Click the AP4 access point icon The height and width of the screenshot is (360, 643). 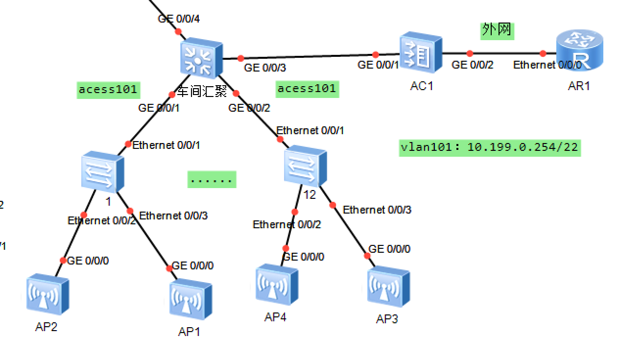(277, 284)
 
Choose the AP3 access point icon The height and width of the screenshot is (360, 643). (388, 287)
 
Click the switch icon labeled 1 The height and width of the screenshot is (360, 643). (103, 174)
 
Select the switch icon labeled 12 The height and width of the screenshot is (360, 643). (305, 167)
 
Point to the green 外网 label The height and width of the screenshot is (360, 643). (497, 30)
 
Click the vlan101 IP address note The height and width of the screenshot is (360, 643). (489, 147)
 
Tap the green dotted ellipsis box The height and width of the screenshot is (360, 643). (212, 180)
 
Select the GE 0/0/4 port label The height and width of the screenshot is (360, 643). (179, 19)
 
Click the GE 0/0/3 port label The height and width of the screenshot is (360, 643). (265, 68)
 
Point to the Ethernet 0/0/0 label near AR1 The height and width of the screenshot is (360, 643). (547, 65)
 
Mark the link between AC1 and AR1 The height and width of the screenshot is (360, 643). (504, 53)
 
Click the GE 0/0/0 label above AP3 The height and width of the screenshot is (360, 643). (389, 249)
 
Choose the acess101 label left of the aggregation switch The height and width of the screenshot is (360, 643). (108, 90)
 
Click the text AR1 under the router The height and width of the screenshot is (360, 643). (579, 86)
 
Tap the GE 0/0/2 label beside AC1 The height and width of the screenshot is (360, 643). (473, 65)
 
